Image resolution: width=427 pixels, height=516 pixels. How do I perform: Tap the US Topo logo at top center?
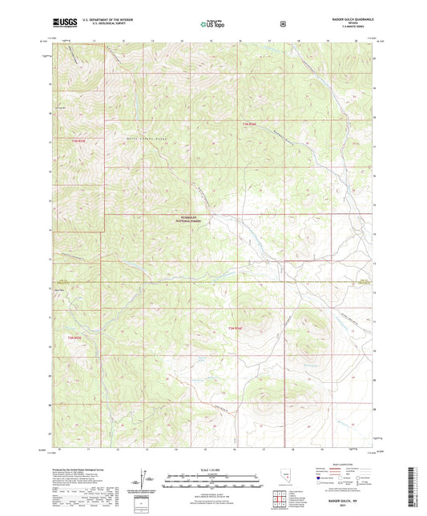(x=212, y=25)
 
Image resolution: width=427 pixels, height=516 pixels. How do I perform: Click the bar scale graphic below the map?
(x=212, y=482)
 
